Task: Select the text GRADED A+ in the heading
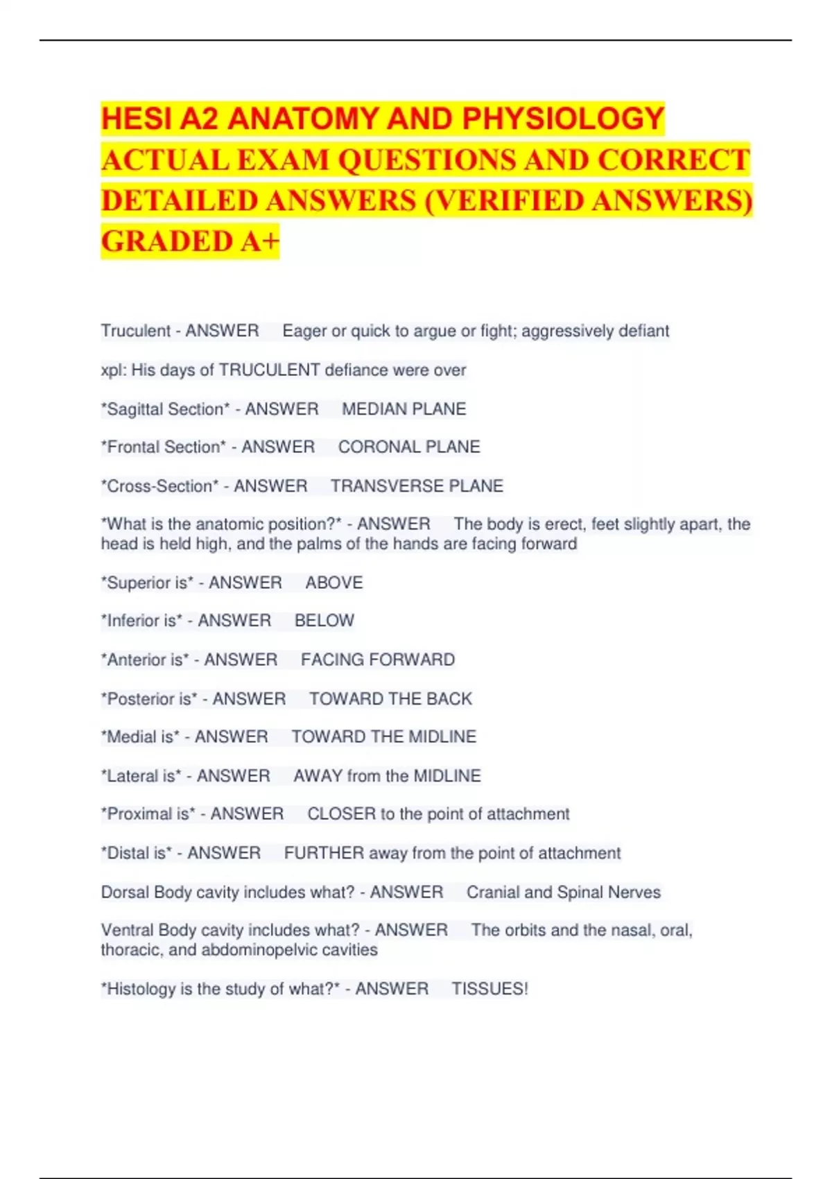pyautogui.click(x=190, y=241)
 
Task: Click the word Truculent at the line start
pyautogui.click(x=136, y=331)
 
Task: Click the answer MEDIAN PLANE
pyautogui.click(x=404, y=409)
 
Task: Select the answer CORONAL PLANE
pyautogui.click(x=409, y=447)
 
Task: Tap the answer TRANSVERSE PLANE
pyautogui.click(x=417, y=486)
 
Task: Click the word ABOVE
pyautogui.click(x=334, y=583)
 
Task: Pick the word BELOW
pyautogui.click(x=324, y=621)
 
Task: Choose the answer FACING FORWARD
pyautogui.click(x=378, y=660)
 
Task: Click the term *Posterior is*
pyautogui.click(x=149, y=698)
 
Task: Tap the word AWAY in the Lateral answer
pyautogui.click(x=318, y=775)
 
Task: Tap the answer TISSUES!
pyautogui.click(x=489, y=989)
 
